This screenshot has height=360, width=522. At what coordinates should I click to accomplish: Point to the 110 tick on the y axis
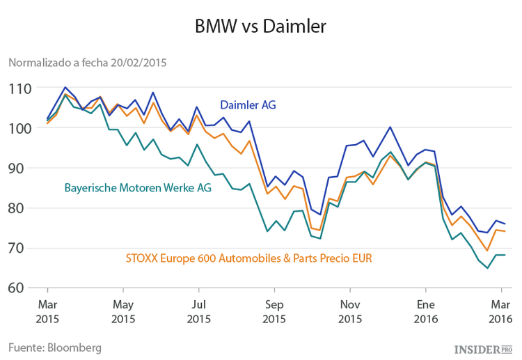click(20, 88)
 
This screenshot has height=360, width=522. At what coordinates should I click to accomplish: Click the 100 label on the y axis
click(20, 128)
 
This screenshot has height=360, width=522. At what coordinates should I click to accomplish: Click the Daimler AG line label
click(248, 105)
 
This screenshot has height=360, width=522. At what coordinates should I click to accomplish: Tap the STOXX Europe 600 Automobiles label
click(248, 258)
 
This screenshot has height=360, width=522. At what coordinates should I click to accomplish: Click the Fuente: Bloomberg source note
click(55, 347)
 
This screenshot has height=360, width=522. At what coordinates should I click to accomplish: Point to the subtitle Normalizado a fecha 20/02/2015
click(87, 63)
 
